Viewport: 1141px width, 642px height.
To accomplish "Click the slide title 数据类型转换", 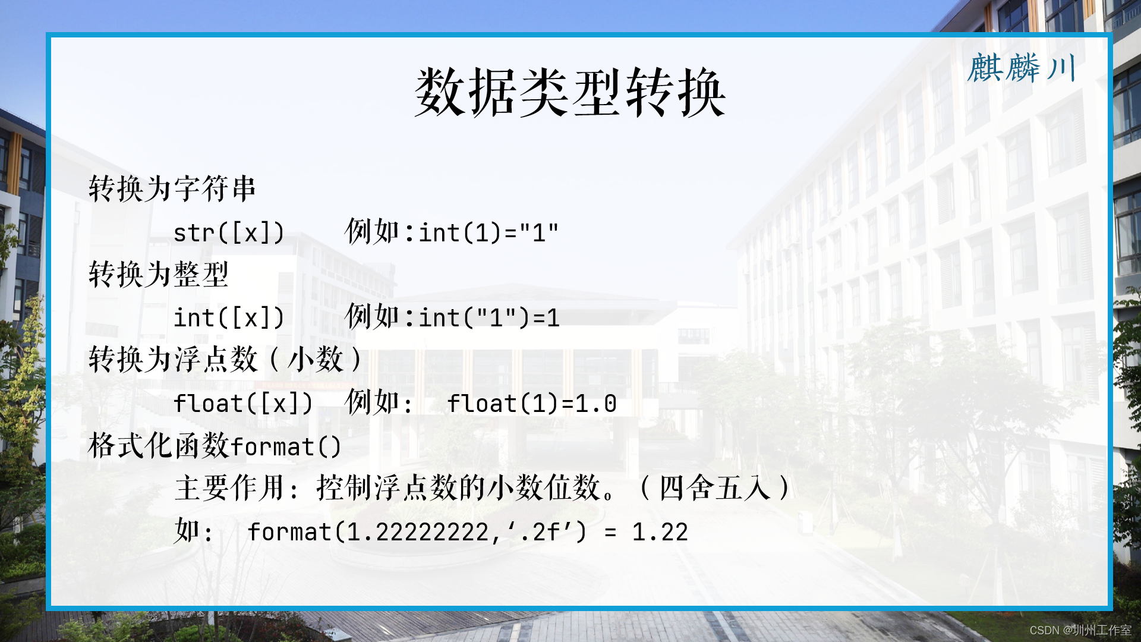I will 569,93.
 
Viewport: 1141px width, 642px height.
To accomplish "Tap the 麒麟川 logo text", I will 1022,68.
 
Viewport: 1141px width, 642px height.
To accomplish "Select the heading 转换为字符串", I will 172,189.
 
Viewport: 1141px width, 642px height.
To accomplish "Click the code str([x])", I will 229,233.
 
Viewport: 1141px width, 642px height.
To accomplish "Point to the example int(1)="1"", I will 488,233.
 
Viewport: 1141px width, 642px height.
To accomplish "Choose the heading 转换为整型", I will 158,275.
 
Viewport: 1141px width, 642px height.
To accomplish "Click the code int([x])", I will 229,318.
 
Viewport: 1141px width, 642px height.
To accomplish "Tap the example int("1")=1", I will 489,318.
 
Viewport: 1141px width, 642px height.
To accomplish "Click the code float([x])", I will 242,404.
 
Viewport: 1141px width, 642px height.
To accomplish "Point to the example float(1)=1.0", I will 531,404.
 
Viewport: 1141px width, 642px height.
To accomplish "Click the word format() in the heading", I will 286,447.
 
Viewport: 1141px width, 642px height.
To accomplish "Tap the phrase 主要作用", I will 229,488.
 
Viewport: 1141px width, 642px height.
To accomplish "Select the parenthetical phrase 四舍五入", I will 715,488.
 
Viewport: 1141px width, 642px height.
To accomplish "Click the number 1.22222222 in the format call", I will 418,532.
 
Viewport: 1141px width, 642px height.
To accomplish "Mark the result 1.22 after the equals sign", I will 660,532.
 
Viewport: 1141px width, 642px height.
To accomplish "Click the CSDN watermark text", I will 1080,630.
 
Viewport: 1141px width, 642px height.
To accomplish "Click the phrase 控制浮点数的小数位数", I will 458,488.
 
